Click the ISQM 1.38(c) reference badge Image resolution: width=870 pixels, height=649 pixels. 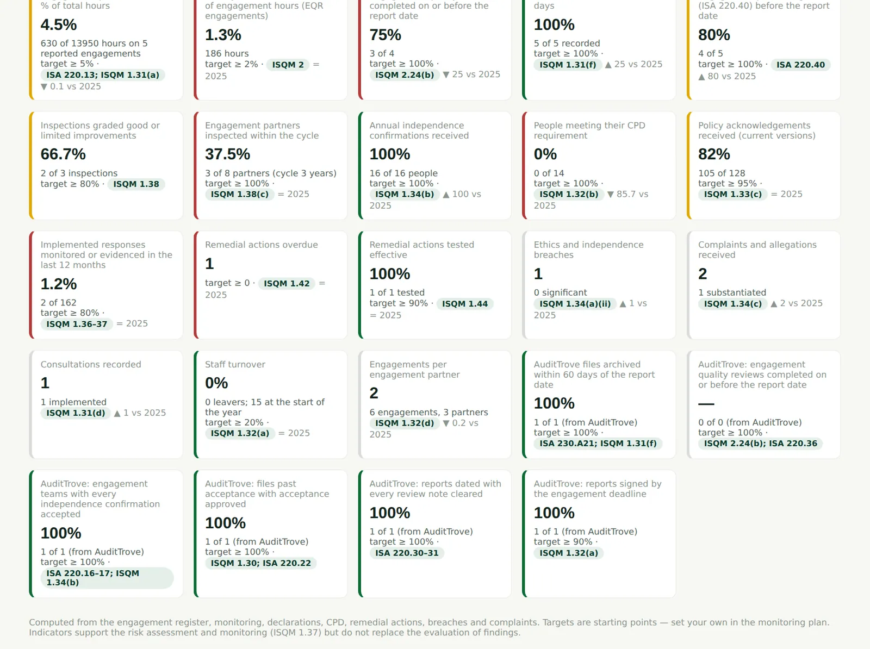coord(239,194)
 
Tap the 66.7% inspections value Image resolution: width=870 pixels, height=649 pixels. coord(63,154)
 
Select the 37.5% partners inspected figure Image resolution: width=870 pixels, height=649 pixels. coord(227,154)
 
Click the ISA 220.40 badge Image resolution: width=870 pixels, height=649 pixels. coord(800,65)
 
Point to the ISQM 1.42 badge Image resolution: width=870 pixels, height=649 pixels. coord(287,284)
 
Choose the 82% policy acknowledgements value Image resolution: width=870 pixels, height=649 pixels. coord(714,154)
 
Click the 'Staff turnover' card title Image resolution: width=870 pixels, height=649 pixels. coord(235,365)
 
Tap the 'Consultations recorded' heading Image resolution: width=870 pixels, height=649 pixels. coord(91,365)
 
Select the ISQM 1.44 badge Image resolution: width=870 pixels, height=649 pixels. coord(464,304)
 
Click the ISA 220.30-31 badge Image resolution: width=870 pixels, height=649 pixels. coord(407,553)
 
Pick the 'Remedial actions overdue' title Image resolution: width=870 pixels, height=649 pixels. coord(261,245)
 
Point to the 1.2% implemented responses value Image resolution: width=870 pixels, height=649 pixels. coord(59,284)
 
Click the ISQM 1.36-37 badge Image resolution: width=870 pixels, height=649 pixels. coord(77,324)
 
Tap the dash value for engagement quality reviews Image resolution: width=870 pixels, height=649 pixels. coord(706,404)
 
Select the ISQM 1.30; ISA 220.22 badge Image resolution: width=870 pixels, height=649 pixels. coord(261,564)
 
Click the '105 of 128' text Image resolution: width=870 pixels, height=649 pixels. coord(722,173)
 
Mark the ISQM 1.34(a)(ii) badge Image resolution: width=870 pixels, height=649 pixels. coord(575,304)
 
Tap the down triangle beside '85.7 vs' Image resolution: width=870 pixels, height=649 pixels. coord(611,195)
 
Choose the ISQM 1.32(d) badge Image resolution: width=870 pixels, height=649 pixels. coord(405,423)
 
